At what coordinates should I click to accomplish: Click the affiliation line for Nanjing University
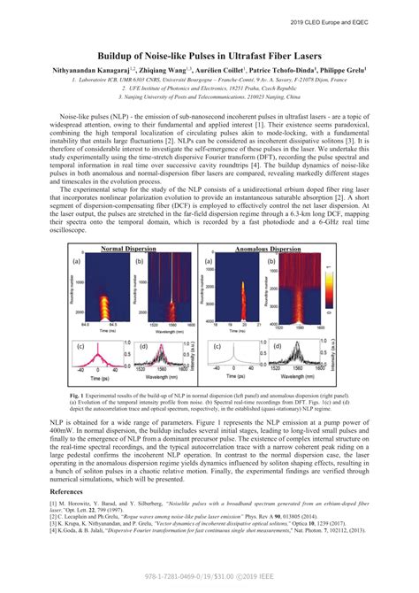[209, 98]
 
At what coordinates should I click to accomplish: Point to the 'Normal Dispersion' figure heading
[131, 250]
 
